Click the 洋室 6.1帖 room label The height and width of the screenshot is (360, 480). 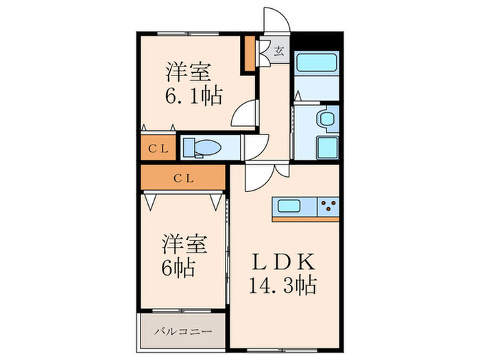(193, 84)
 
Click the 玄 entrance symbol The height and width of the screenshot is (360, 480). (280, 49)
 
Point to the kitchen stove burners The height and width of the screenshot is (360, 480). (328, 205)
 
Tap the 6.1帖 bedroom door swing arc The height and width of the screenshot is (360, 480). (244, 114)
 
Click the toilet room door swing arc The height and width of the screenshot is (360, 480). (255, 146)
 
